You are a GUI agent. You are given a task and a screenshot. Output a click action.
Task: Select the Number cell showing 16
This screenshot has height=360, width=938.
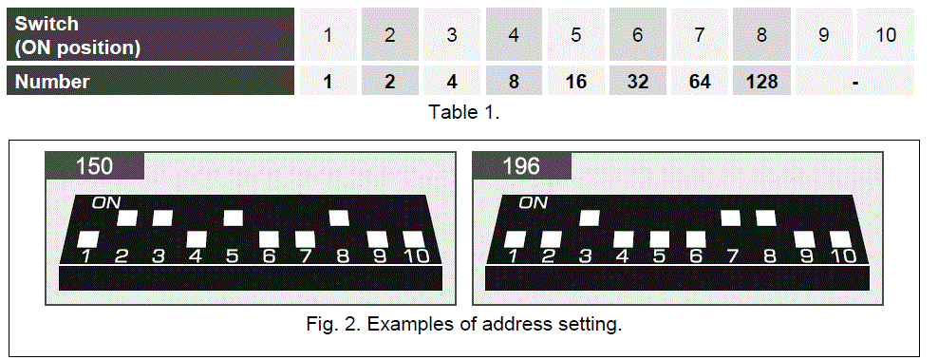point(575,82)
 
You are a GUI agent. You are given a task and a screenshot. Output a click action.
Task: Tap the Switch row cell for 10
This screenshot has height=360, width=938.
point(886,35)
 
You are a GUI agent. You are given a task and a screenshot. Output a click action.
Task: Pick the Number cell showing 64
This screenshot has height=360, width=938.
point(700,82)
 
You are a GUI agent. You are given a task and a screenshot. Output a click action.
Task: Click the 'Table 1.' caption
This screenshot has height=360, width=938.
point(463,111)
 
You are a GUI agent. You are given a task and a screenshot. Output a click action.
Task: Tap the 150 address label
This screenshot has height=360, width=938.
point(95,166)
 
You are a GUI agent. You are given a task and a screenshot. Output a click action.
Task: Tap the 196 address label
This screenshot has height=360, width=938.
point(521,166)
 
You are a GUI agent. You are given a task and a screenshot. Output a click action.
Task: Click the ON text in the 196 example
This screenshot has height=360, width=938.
point(533,202)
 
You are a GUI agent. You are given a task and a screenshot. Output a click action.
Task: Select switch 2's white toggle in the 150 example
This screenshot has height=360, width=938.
point(126,218)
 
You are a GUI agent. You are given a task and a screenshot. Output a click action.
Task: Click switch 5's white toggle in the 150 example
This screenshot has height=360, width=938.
point(234,218)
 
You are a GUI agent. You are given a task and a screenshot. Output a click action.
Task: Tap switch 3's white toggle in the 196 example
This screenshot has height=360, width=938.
point(588,218)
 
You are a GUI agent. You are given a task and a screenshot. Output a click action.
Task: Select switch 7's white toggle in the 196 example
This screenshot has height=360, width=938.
point(731,218)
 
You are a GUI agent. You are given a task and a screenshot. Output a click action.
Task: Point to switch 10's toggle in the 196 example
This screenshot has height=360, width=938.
point(839,238)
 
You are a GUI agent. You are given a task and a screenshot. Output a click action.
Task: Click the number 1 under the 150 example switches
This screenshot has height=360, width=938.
point(86,256)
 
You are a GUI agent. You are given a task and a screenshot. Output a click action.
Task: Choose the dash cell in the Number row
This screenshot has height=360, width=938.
point(855,82)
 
